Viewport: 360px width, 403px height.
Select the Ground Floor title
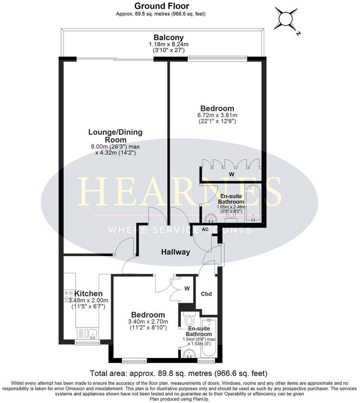[x=162, y=6]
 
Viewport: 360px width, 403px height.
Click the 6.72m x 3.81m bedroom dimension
[x=218, y=115]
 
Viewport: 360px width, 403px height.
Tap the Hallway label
[x=175, y=252]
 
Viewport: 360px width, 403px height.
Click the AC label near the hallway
[x=205, y=229]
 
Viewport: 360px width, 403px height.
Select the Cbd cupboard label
[x=206, y=294]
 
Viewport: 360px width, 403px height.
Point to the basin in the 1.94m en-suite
[x=189, y=353]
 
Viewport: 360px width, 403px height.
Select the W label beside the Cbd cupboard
[x=187, y=289]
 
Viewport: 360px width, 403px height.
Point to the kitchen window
[x=87, y=342]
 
